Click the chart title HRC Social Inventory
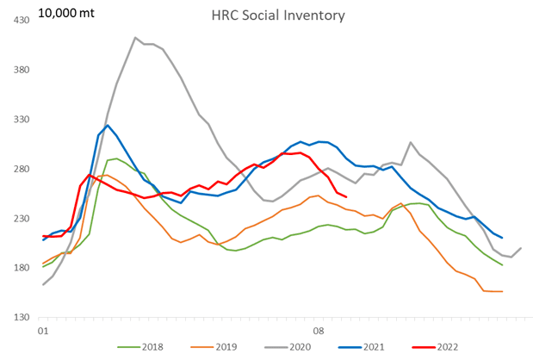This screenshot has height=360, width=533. point(266,16)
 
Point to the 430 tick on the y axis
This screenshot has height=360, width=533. point(18,20)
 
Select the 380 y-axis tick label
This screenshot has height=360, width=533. point(18,70)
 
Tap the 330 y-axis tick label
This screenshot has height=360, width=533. point(18,120)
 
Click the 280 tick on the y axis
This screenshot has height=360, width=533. point(18,170)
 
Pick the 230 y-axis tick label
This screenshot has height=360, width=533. point(18,220)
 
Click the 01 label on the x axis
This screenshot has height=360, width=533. point(43,331)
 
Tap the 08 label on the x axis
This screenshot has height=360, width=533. point(318,331)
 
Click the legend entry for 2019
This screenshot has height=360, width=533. point(216,347)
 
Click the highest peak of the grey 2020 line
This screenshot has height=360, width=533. point(135,38)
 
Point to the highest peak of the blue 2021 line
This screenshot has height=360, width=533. point(107,126)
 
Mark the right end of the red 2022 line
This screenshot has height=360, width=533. point(345,197)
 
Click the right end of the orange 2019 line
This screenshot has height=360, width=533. point(502,291)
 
